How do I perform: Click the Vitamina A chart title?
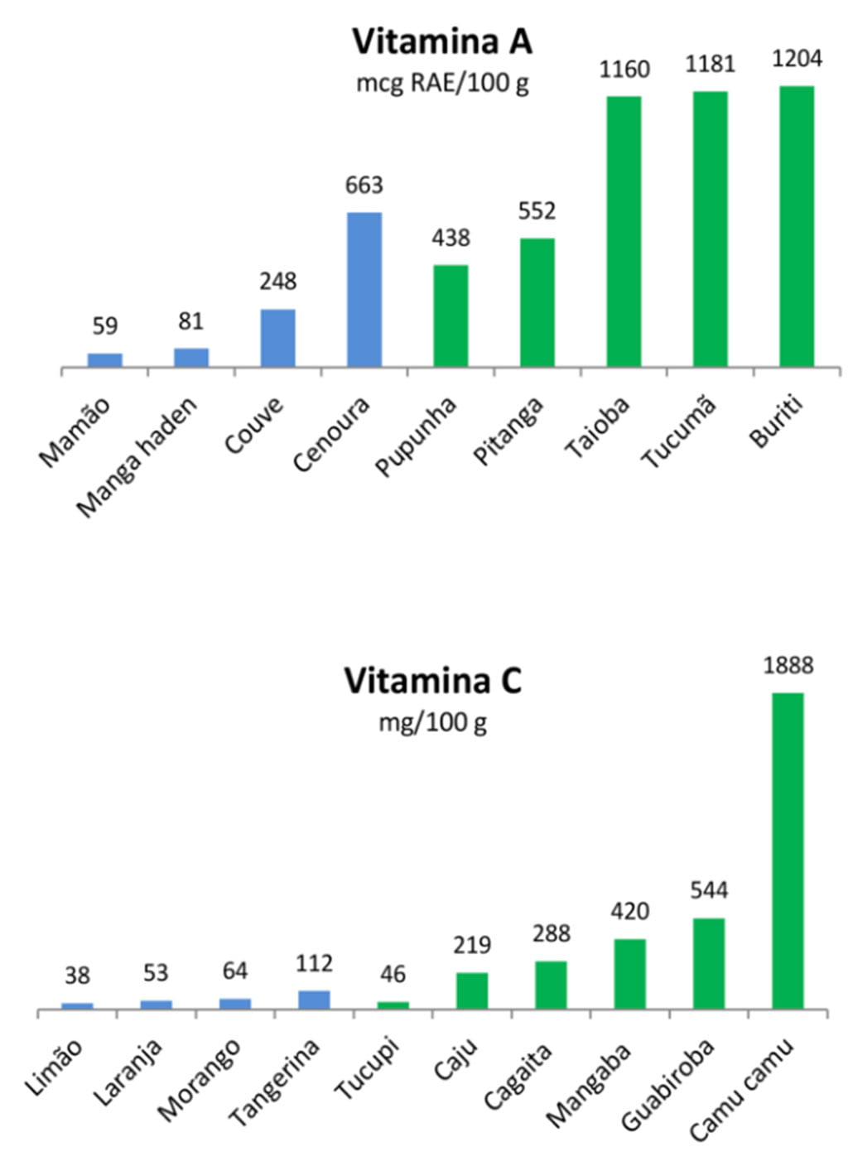441,41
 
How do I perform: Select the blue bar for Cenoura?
364,290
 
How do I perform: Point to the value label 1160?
624,70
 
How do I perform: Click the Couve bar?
277,338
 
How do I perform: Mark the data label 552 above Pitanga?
537,212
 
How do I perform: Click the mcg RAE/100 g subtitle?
441,84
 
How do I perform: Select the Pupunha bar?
450,316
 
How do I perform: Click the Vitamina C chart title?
432,682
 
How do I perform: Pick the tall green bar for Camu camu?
788,851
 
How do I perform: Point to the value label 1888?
788,666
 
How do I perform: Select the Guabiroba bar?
709,964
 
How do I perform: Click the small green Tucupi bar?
393,1005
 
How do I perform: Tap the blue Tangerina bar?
314,1000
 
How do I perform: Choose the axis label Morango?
200,1077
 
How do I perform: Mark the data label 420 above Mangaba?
629,912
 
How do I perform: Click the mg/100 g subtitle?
432,723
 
